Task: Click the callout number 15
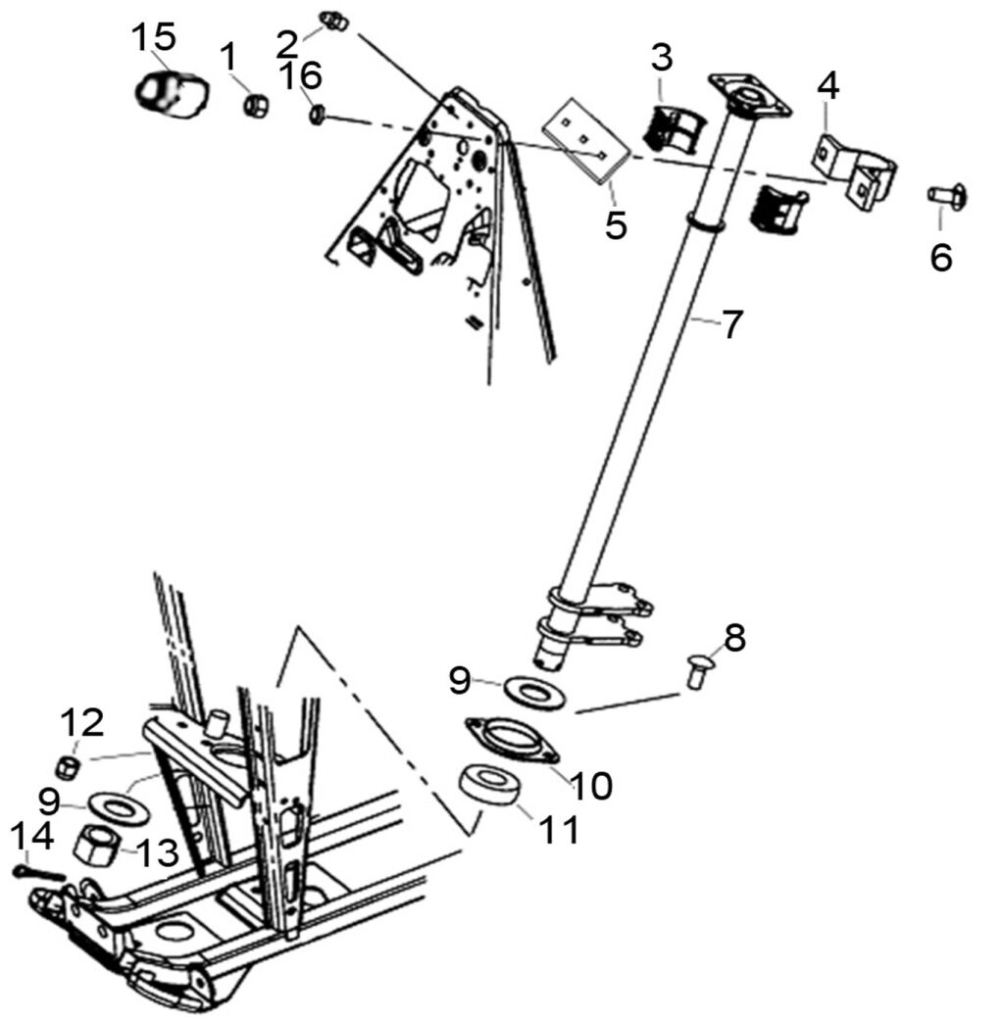(155, 38)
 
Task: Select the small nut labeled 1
(257, 102)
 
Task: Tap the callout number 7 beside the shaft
(733, 324)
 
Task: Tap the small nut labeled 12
(67, 767)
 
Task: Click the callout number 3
(663, 58)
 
